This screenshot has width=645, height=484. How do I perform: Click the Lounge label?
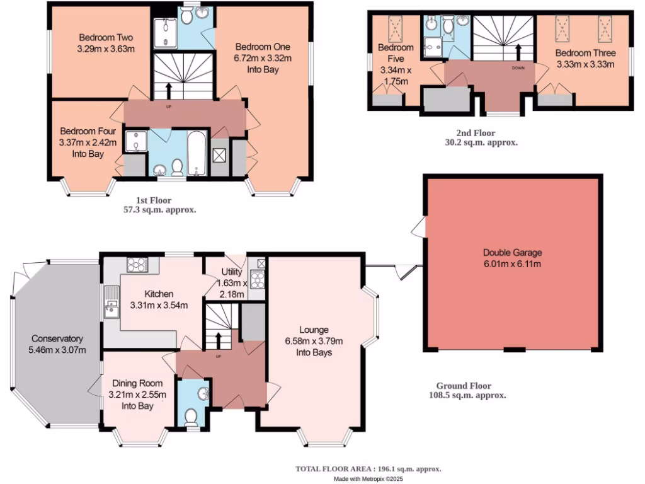pyautogui.click(x=313, y=330)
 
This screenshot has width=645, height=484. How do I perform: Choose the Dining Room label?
pyautogui.click(x=137, y=383)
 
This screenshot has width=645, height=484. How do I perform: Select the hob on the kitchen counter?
pyautogui.click(x=137, y=264)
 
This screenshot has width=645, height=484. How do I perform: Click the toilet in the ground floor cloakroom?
pyautogui.click(x=191, y=417)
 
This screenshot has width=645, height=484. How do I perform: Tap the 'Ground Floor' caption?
pyautogui.click(x=464, y=386)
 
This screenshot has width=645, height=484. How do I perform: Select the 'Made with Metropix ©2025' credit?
pyautogui.click(x=368, y=479)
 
